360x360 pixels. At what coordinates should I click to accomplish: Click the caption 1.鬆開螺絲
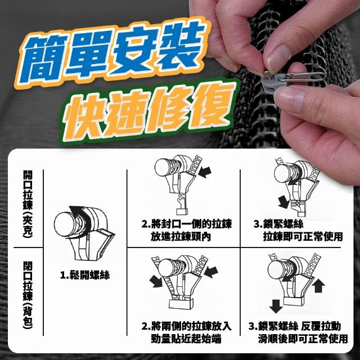coord(85,275)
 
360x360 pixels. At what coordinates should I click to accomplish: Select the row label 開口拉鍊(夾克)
coord(28,204)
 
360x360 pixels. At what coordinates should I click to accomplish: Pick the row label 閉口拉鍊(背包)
coord(28,295)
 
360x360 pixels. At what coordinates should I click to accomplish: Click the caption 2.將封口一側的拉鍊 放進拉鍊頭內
coord(186,230)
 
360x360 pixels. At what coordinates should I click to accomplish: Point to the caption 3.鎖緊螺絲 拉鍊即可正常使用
coord(298,230)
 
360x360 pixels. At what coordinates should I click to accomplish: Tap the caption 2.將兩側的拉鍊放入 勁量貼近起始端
coord(186,332)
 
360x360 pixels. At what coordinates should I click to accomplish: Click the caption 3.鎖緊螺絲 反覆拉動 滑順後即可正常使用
coord(298,332)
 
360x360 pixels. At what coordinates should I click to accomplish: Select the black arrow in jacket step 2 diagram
coord(205,172)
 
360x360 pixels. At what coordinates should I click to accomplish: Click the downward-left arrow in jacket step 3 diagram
coord(283,202)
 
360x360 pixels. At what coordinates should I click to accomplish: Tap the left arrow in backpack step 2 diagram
coord(156,281)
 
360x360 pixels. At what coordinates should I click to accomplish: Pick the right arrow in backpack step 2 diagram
coord(211,272)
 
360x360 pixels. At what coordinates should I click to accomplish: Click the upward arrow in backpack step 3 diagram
coord(318,286)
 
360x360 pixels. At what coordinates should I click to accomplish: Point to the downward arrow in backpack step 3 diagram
coord(276,306)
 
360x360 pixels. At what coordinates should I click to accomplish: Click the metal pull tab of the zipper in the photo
coord(301,77)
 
